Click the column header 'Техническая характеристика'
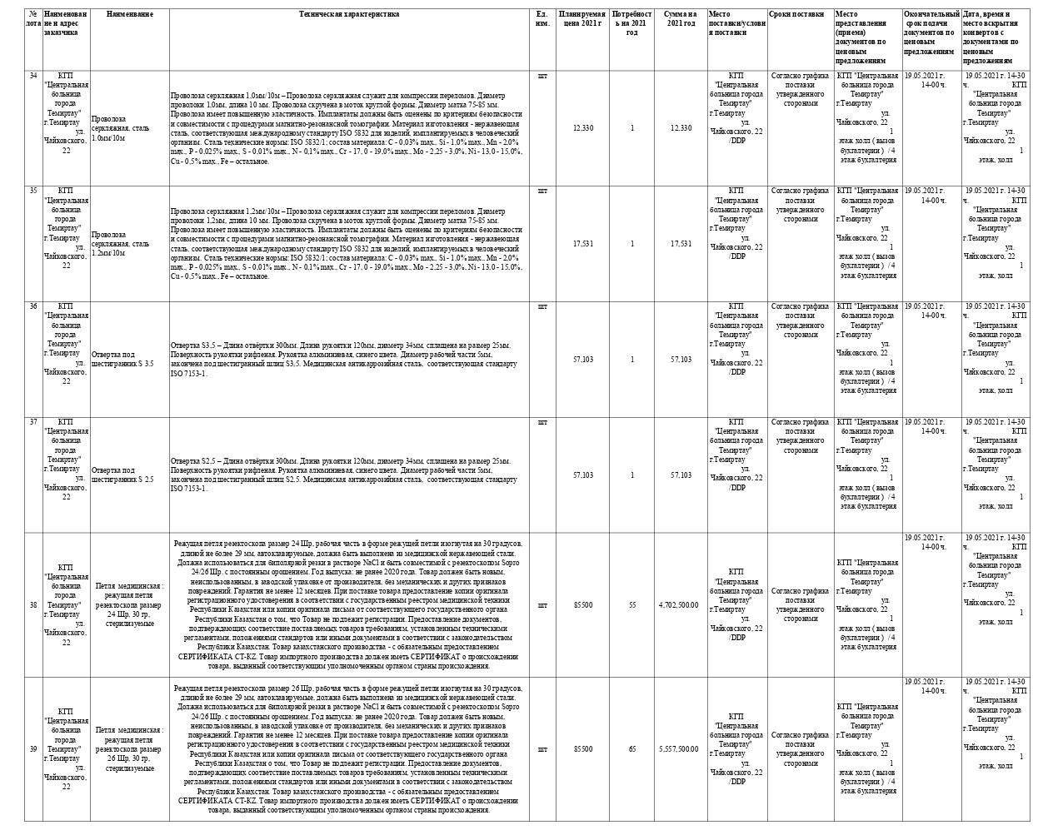click(350, 14)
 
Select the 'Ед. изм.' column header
click(542, 18)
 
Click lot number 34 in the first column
click(33, 76)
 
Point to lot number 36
click(33, 306)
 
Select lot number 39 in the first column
click(33, 749)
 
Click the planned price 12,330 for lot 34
click(583, 127)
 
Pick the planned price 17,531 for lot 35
click(583, 244)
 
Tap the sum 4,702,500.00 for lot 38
click(678, 605)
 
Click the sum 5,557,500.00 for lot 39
click(678, 749)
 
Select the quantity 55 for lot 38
click(632, 605)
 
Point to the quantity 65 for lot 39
click(632, 749)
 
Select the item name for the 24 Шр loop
click(129, 604)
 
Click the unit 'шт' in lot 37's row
click(543, 422)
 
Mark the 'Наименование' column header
click(129, 14)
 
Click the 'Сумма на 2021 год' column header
click(680, 18)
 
